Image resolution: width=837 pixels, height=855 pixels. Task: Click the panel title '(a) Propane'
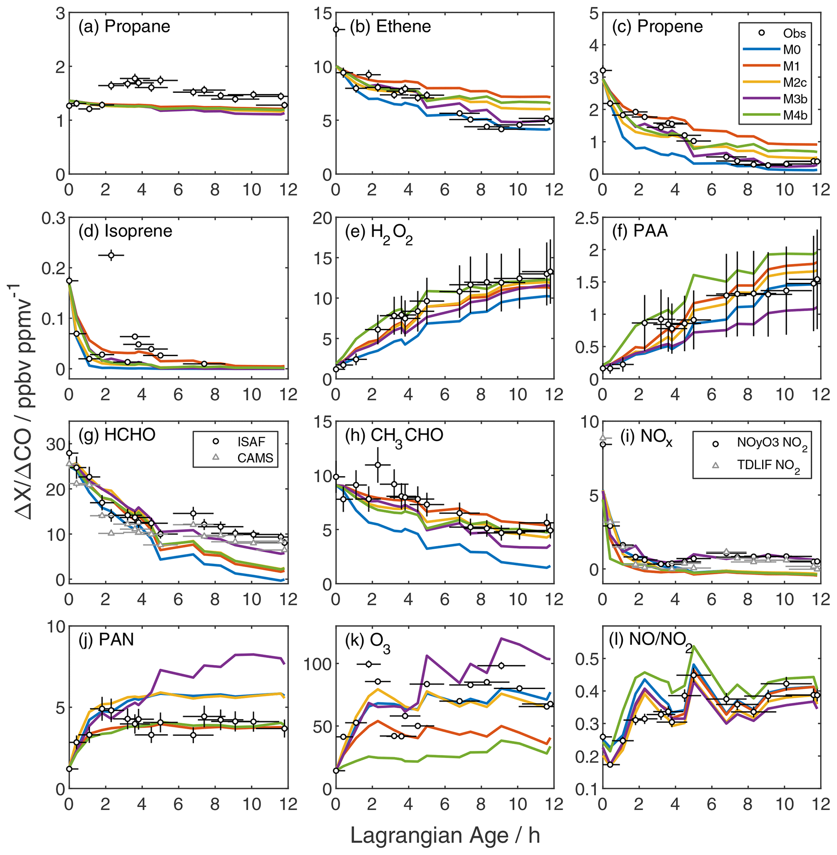124,27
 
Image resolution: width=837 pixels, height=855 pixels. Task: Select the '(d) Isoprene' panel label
125,231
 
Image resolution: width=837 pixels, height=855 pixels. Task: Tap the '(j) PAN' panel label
106,639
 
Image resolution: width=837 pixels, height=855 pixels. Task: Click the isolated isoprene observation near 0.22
111,256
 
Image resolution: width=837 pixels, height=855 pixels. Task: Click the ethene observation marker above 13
336,30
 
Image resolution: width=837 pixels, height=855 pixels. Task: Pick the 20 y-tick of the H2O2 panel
320,218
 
